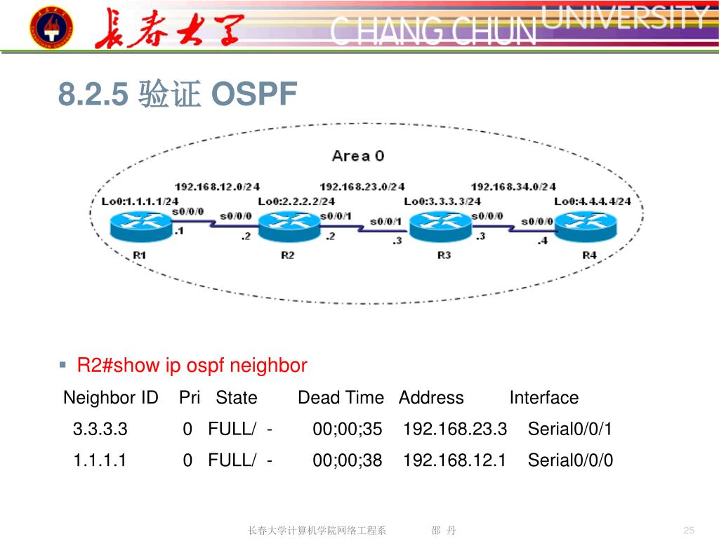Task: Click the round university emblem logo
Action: (x=50, y=27)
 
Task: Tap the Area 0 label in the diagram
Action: (x=358, y=156)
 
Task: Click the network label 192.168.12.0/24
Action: (x=217, y=187)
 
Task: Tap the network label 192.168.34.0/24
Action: (x=513, y=187)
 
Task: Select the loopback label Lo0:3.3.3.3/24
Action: (x=442, y=201)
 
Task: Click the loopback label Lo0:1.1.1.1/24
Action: (x=140, y=201)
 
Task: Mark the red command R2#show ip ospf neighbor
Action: (x=192, y=366)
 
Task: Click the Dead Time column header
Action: (x=341, y=398)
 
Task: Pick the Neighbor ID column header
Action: (x=111, y=398)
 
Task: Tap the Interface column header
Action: (x=543, y=398)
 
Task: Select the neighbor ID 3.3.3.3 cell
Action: (x=100, y=429)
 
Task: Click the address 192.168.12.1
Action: (x=454, y=460)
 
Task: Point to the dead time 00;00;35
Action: (x=347, y=429)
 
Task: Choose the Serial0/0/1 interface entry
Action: (x=569, y=429)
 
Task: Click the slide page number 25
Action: (x=688, y=530)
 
